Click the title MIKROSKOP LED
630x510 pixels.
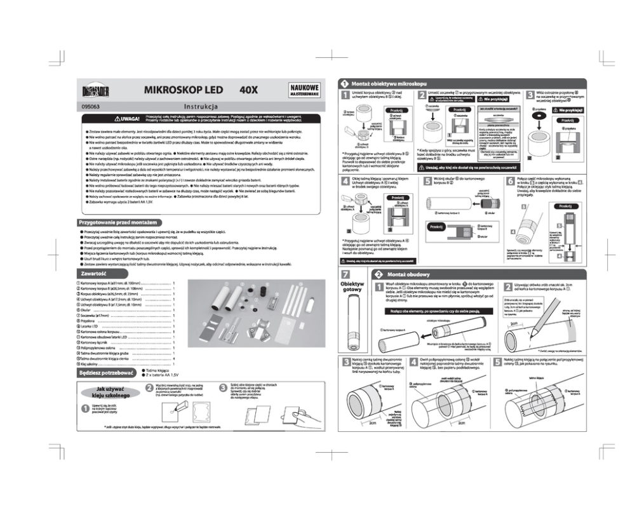coord(184,90)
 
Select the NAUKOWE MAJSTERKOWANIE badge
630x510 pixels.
coord(304,90)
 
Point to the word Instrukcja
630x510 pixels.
coord(201,107)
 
